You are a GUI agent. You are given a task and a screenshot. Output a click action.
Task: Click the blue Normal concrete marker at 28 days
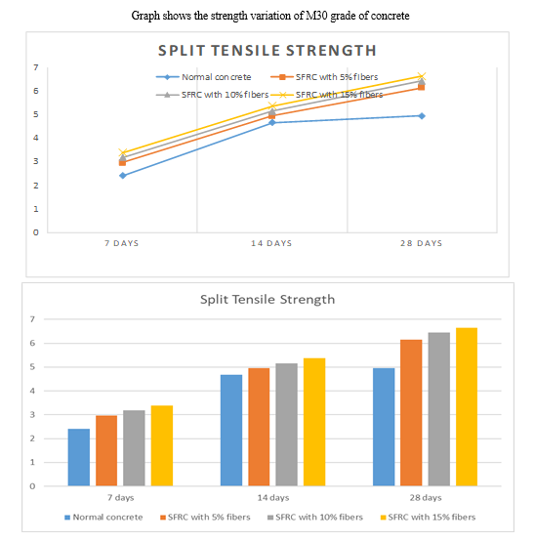point(422,116)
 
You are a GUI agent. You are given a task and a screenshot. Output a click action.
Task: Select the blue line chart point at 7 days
point(123,176)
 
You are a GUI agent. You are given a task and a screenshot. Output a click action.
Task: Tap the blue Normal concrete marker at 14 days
point(272,122)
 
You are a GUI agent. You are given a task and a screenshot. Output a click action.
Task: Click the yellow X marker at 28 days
point(422,76)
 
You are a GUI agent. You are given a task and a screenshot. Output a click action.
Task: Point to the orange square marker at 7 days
point(122,162)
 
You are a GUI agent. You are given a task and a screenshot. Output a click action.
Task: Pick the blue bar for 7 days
point(79,457)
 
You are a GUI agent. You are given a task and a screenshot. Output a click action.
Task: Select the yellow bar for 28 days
point(467,407)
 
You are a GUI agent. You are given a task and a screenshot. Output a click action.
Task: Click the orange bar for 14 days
point(259,427)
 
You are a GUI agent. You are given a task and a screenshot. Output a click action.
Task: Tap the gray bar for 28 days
point(439,409)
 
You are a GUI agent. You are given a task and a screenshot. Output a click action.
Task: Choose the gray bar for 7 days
point(134,448)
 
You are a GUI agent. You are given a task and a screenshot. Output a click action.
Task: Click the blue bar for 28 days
point(384,427)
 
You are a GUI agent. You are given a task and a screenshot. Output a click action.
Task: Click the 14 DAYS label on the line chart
point(271,243)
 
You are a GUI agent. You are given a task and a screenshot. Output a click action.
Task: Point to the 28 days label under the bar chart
point(426,498)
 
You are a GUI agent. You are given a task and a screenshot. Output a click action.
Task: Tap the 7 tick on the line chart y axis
point(35,67)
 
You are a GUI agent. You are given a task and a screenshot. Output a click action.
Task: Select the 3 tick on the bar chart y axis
point(32,414)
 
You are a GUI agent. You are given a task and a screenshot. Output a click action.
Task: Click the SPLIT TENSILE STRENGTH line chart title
point(267,51)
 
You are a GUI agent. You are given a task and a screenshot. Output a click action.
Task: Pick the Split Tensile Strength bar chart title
point(267,300)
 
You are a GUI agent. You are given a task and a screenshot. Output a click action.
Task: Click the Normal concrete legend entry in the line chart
point(204,77)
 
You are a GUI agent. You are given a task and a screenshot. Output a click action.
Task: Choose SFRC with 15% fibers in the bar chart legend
point(428,518)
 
